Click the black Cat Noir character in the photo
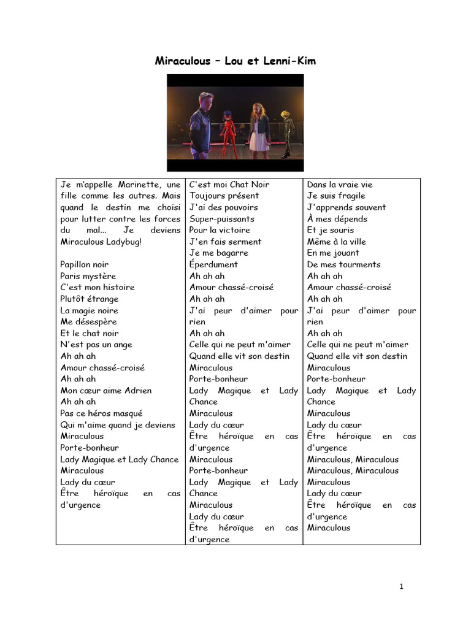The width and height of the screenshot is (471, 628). (x=286, y=132)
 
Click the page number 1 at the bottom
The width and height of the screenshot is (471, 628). (x=401, y=586)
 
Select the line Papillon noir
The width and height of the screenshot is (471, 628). (x=84, y=264)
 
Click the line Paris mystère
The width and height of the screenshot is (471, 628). (x=88, y=276)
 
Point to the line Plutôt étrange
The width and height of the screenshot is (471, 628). (x=90, y=299)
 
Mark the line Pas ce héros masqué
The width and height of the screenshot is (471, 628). (x=101, y=413)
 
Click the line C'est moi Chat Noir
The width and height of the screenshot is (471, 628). (x=229, y=184)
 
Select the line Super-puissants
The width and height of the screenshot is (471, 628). (x=221, y=218)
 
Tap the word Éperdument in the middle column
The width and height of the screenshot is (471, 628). (x=213, y=264)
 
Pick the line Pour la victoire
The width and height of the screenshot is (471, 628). (x=220, y=230)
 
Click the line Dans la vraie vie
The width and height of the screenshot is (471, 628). (x=339, y=184)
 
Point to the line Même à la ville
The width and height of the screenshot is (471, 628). (x=336, y=242)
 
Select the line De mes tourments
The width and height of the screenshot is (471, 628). (x=343, y=264)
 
